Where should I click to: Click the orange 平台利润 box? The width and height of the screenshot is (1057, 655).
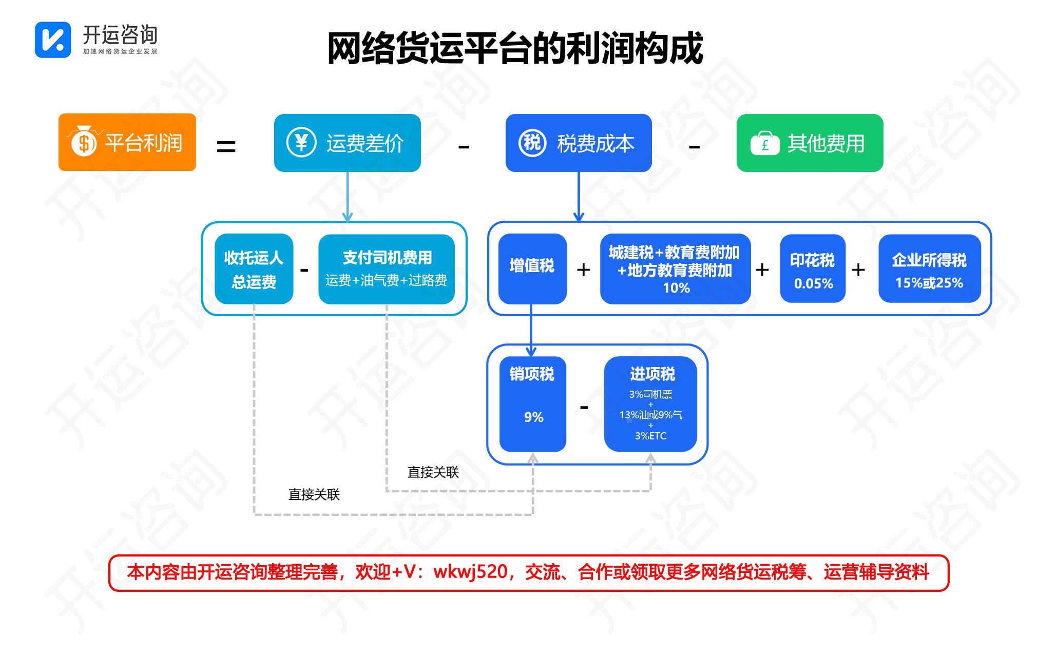click(127, 142)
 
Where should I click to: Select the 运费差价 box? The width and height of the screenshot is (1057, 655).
click(347, 143)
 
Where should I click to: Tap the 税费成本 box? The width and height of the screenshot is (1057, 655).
click(578, 143)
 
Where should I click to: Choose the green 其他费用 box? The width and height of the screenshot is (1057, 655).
click(810, 143)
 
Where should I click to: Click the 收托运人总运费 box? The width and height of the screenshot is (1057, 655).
click(254, 269)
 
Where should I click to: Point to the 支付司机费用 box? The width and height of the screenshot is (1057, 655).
click(386, 269)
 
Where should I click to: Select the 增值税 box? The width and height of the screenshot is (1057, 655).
click(532, 268)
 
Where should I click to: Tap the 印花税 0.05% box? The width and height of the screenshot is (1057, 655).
click(812, 268)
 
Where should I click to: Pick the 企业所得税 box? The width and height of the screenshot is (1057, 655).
click(929, 268)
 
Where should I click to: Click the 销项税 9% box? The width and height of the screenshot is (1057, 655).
click(532, 404)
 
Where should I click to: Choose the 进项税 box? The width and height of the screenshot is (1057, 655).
click(650, 404)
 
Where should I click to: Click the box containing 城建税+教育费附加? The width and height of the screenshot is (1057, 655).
click(675, 269)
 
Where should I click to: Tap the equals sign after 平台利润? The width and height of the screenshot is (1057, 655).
click(226, 147)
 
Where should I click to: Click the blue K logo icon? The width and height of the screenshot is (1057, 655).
click(53, 40)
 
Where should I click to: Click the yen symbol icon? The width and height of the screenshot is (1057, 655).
click(301, 142)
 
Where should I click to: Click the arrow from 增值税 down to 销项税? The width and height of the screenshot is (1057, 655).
click(531, 331)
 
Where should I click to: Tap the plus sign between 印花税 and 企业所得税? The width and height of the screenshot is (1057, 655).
click(858, 269)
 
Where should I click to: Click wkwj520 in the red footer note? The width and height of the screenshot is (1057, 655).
click(471, 572)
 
